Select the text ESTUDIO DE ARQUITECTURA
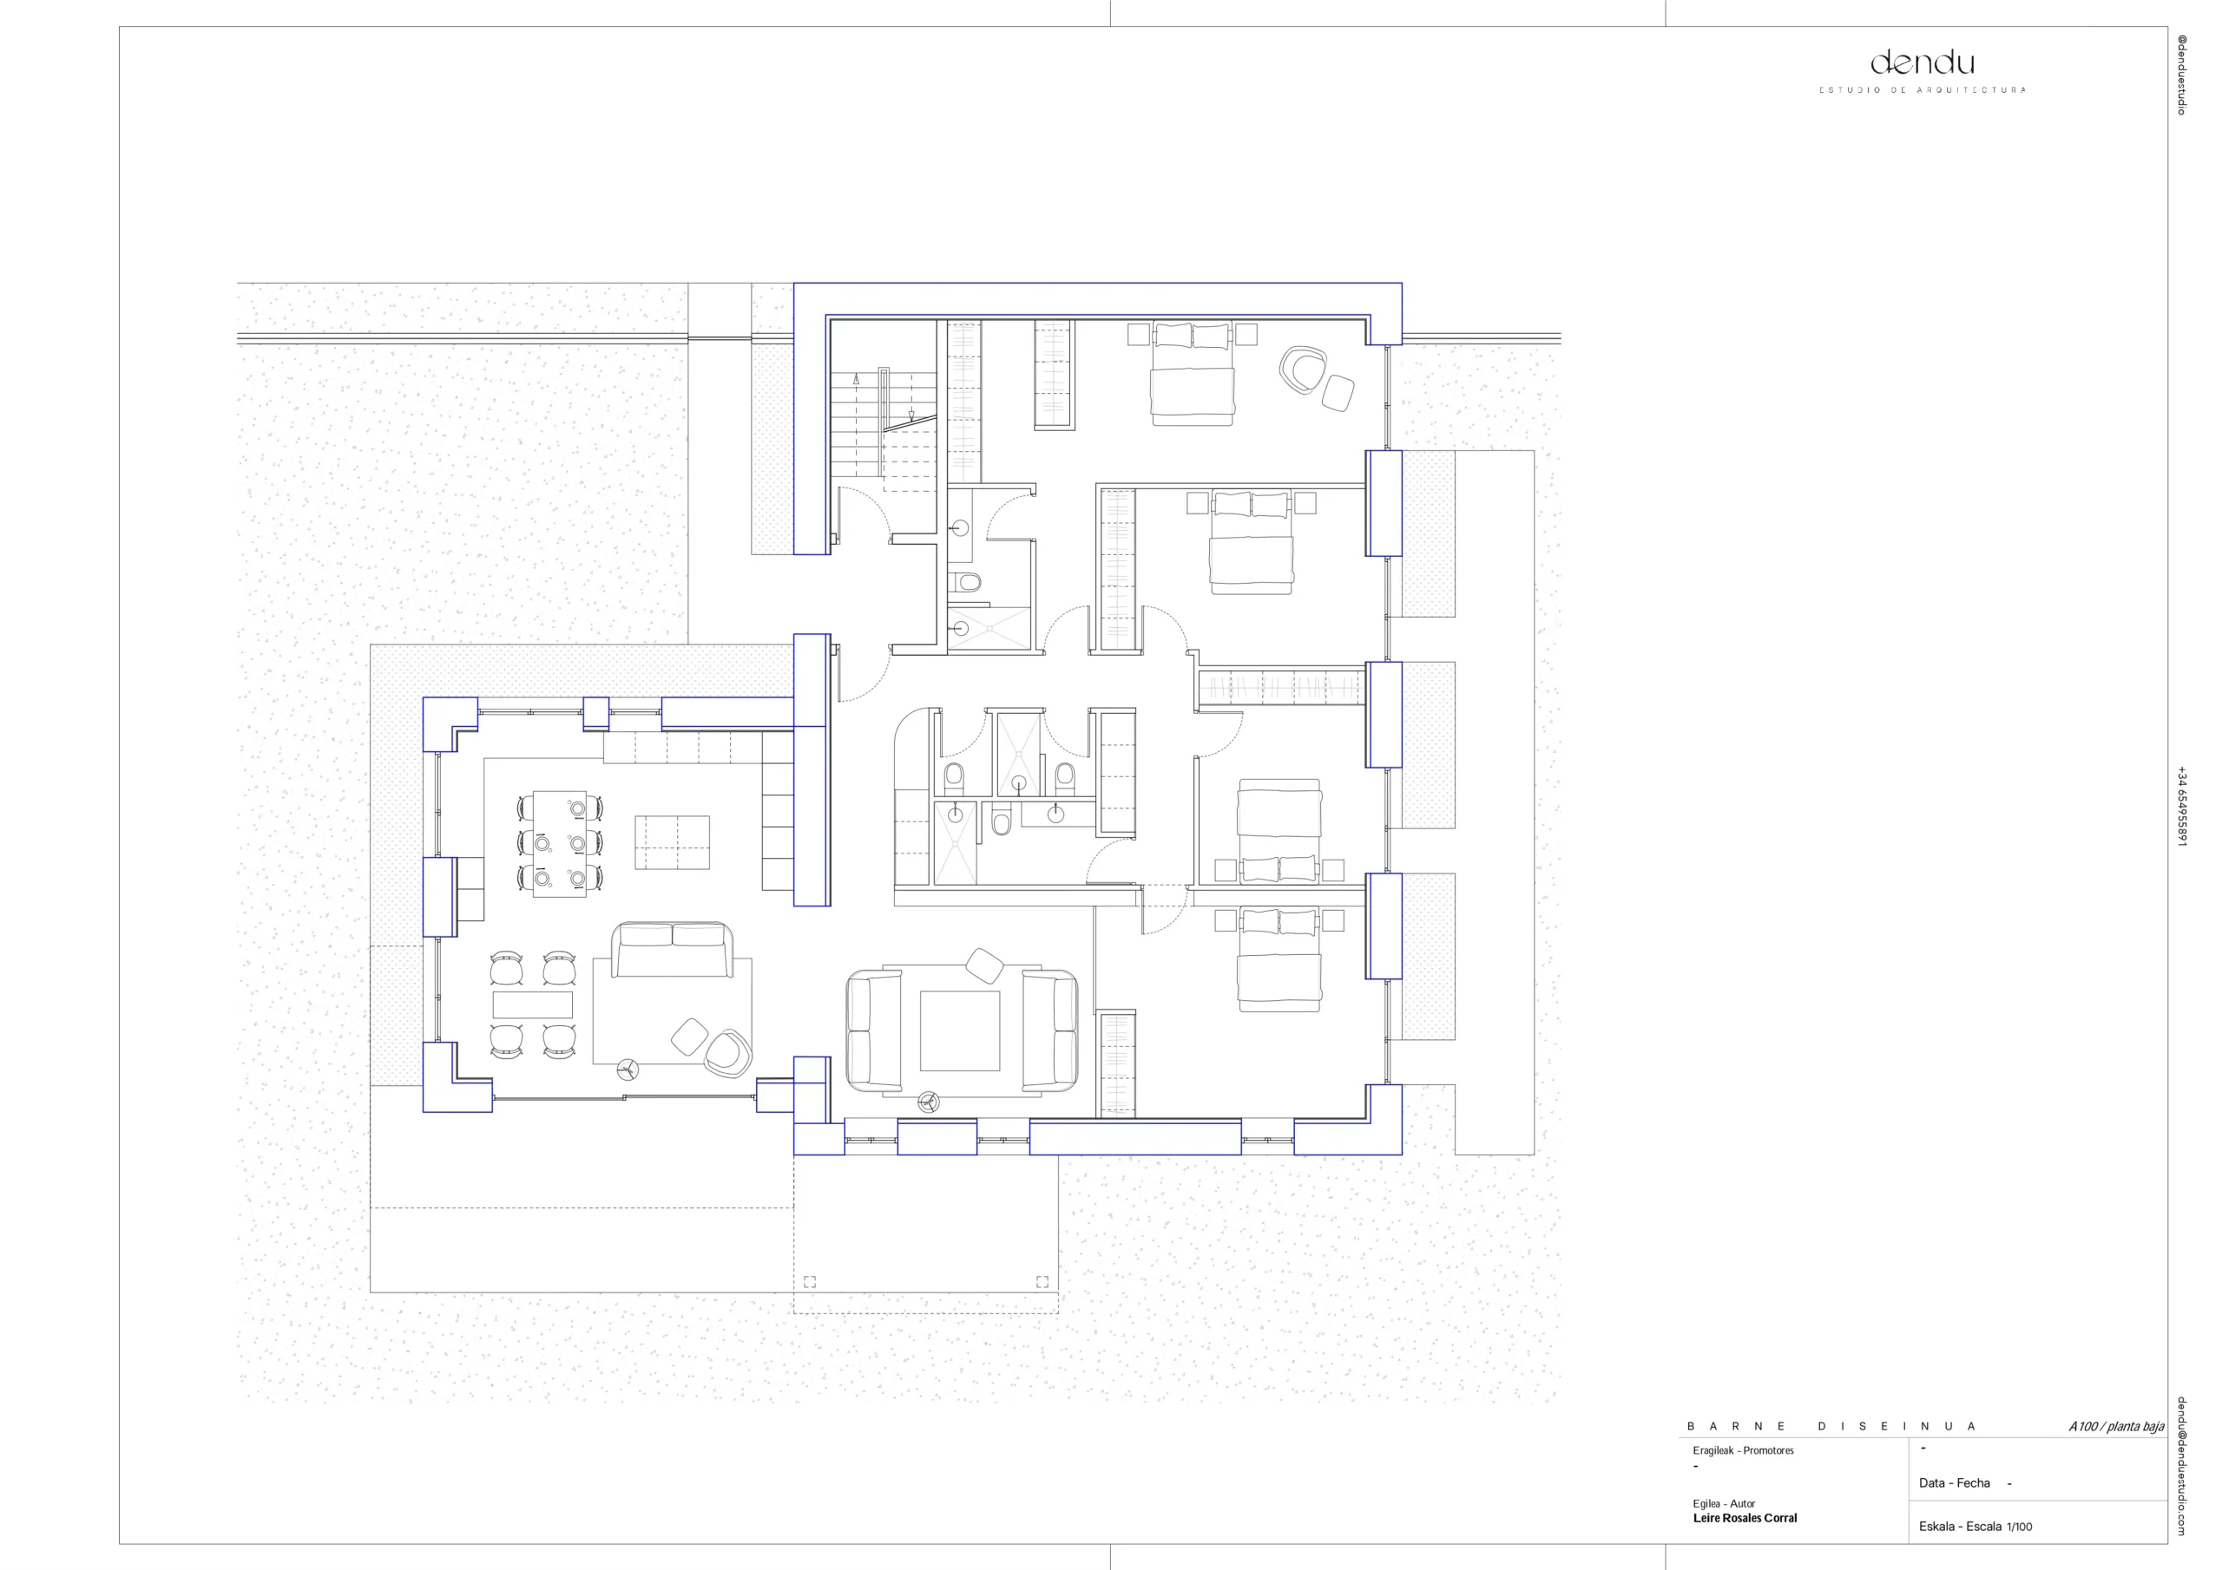click(1922, 90)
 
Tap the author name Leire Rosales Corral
click(1745, 1518)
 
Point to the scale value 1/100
click(2020, 1527)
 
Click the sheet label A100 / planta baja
click(2116, 1426)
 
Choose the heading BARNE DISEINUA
click(1831, 1426)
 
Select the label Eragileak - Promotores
click(1743, 1450)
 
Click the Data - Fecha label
click(1954, 1483)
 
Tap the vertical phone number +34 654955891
click(2181, 806)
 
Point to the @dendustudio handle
click(2181, 75)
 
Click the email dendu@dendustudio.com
click(2181, 1466)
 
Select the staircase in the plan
click(883, 429)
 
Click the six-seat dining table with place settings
click(559, 843)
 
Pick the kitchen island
click(672, 842)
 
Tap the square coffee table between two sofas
click(959, 1030)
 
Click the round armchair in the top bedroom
click(1302, 370)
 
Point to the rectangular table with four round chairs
click(532, 1004)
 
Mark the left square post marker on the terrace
click(809, 1282)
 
